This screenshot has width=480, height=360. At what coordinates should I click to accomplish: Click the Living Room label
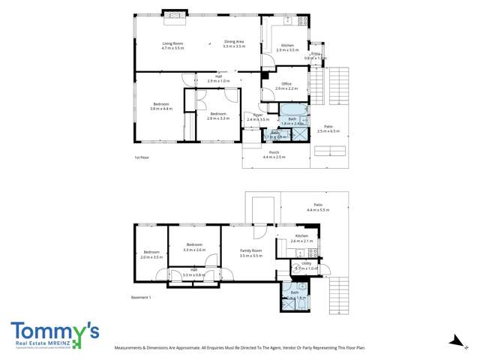tap(172, 45)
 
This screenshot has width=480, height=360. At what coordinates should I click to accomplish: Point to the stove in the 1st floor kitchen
tap(302, 21)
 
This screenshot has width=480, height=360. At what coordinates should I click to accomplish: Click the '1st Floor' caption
tap(142, 157)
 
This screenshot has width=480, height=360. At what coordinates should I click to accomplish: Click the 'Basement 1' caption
tap(142, 298)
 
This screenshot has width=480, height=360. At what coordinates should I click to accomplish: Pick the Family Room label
tap(250, 253)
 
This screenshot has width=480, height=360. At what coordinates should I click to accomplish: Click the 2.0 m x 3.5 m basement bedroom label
tap(151, 254)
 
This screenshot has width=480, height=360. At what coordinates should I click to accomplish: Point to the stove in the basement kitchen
tap(313, 252)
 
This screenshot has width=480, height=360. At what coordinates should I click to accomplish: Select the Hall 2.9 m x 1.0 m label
tap(218, 78)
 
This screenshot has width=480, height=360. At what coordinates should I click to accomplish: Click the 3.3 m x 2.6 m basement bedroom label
tap(194, 247)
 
